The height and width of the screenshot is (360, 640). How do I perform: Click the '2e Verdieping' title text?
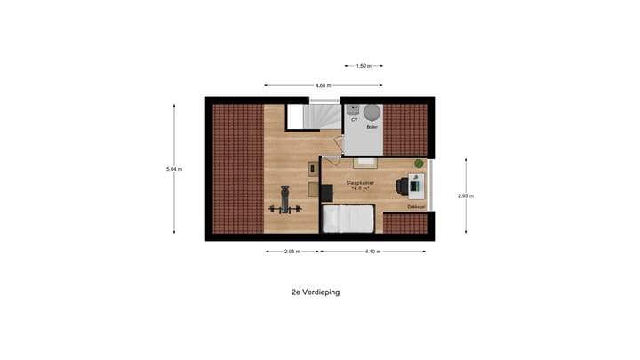coord(315,292)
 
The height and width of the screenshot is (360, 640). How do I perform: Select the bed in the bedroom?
coord(348,219)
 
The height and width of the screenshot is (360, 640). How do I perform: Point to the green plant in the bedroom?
coord(419,164)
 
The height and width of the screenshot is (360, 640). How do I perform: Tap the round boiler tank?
coord(371,112)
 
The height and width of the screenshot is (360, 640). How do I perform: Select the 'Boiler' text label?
coord(372,129)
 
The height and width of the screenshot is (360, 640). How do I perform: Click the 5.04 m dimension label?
coord(174,168)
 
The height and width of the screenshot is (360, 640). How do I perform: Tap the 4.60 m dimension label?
coord(322,85)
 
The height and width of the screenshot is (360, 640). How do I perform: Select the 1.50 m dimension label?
coord(363,66)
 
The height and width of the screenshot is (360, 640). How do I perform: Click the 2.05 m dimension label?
coord(290,252)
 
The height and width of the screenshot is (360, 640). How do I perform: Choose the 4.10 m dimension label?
coord(372,252)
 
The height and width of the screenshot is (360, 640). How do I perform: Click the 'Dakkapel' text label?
coord(416,207)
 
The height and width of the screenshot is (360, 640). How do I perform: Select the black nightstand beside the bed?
coord(313,189)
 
